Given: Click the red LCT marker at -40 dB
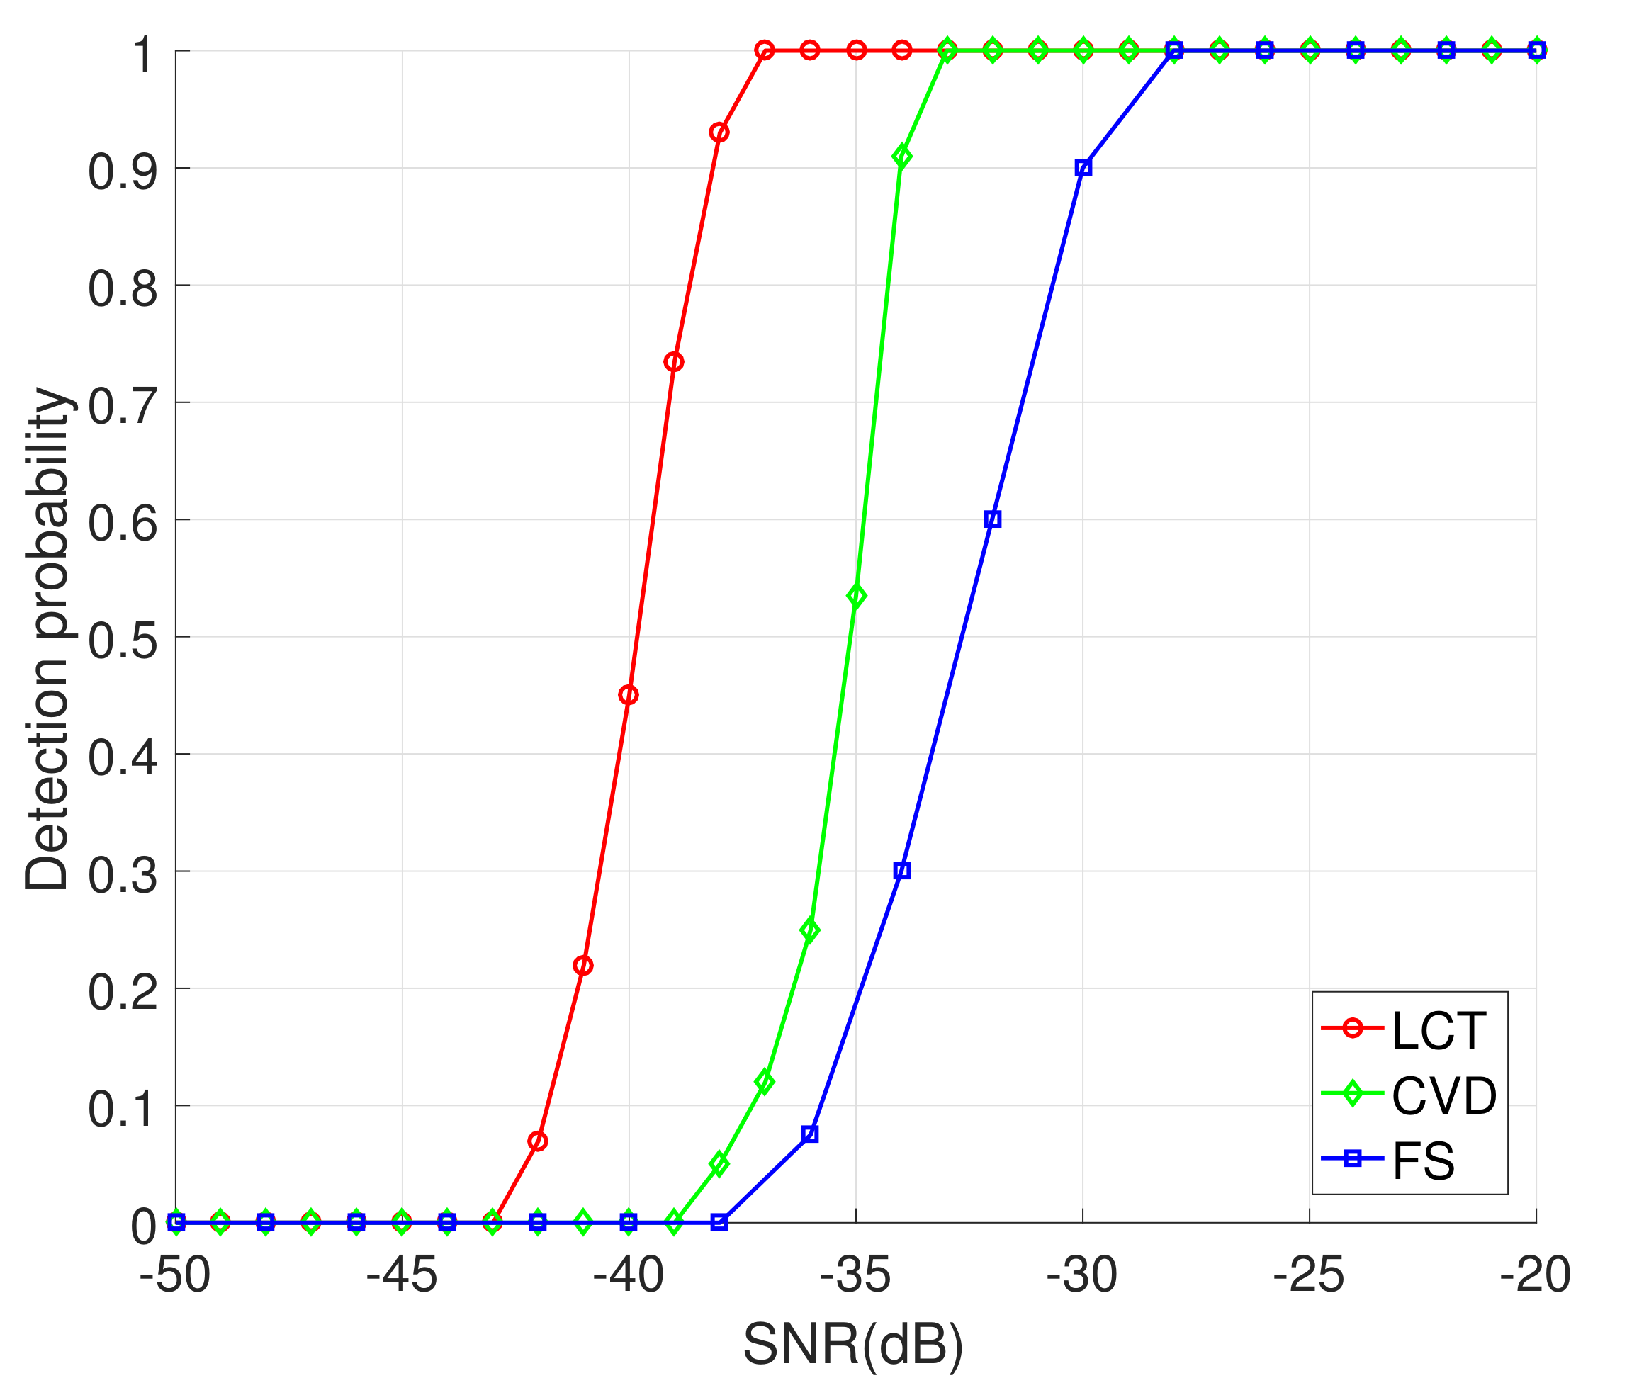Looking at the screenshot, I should [628, 695].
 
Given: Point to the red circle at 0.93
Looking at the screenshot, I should [719, 132].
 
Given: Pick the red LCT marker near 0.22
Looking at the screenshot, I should [582, 965].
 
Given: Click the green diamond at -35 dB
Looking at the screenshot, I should [857, 596].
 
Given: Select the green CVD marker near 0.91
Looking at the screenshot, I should [902, 157].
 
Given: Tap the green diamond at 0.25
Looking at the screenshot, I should [811, 930].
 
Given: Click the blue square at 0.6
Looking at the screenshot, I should [993, 519].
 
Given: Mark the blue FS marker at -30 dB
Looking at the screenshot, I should [1083, 167].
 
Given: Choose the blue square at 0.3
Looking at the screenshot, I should [902, 870].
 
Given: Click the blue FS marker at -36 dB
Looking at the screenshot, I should [811, 1134].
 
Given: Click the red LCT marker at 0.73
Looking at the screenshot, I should [674, 362].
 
